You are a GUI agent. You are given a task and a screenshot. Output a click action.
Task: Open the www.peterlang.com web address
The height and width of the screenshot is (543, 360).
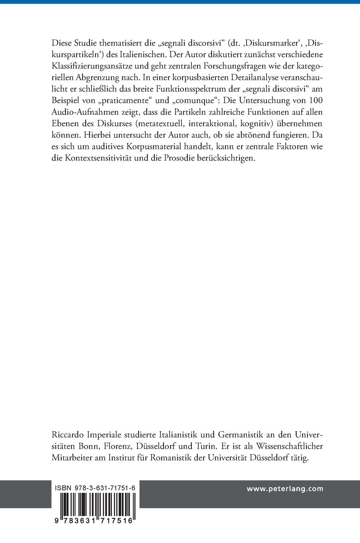coord(284,489)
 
